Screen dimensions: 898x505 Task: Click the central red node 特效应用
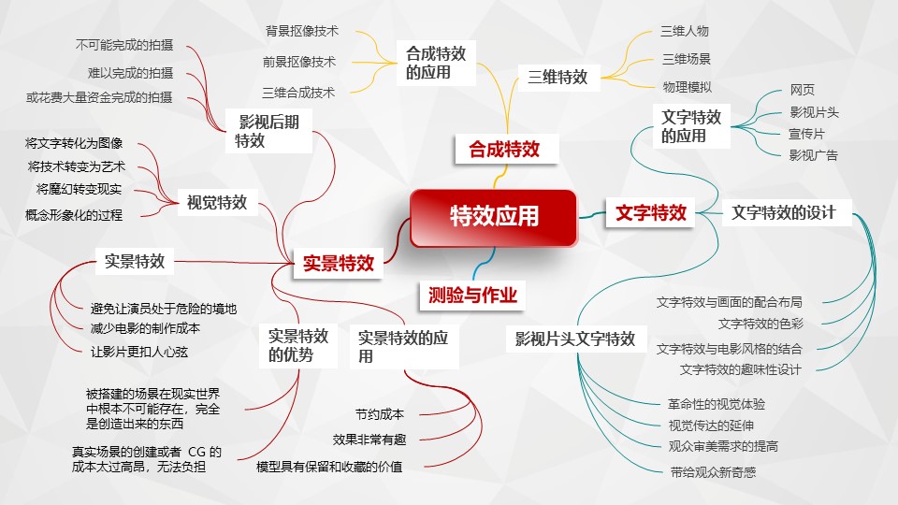(x=493, y=218)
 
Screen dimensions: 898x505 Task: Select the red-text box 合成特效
(x=505, y=149)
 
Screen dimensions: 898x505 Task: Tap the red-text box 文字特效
(x=651, y=212)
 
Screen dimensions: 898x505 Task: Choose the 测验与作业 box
(x=472, y=295)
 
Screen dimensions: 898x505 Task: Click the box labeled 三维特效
(x=558, y=78)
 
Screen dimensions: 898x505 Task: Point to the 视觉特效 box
(x=217, y=202)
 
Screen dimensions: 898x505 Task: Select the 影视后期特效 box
(x=268, y=131)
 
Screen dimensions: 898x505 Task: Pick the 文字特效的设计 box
(x=784, y=212)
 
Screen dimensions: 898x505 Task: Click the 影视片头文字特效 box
(x=575, y=339)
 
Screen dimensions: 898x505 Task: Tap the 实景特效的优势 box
(x=297, y=345)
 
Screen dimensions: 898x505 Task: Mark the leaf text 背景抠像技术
(x=302, y=31)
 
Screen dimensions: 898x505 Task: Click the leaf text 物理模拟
(x=688, y=87)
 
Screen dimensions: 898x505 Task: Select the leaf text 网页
(x=803, y=90)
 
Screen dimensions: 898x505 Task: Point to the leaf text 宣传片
(x=807, y=134)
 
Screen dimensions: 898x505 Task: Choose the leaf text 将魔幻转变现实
(x=79, y=190)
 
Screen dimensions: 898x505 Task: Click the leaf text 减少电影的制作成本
(x=146, y=328)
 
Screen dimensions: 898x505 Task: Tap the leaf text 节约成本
(x=380, y=414)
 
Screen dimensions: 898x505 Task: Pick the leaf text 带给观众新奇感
(x=713, y=472)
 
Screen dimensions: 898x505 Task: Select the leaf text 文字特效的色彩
(x=761, y=325)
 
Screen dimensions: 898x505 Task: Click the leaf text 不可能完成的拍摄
(x=124, y=45)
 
